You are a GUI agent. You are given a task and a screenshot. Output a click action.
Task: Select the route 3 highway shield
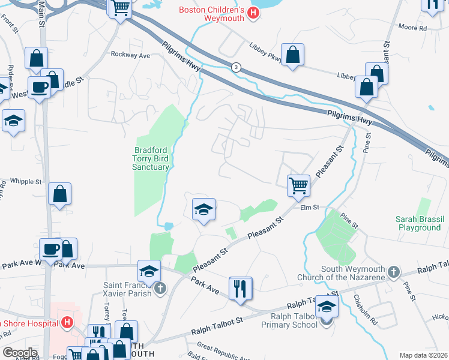(237, 68)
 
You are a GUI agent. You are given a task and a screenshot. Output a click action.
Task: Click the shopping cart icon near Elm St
(298, 185)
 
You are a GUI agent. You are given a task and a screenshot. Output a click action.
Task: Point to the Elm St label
(309, 208)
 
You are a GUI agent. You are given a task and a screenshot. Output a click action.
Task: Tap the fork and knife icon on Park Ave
(240, 288)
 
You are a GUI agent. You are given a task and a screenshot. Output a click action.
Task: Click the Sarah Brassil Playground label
(418, 223)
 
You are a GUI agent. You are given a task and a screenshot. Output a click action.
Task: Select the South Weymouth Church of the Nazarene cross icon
(393, 272)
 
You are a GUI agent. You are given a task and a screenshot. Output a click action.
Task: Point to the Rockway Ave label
(130, 55)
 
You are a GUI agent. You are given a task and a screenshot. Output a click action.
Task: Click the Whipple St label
(26, 181)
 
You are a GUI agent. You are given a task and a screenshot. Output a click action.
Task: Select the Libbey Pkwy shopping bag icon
(292, 55)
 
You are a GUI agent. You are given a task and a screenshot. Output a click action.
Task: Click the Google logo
(20, 353)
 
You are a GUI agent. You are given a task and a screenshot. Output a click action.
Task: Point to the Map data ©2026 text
(423, 355)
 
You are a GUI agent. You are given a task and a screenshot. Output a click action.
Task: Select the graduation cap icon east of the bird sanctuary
(203, 209)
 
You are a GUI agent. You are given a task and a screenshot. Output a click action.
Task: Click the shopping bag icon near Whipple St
(59, 194)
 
